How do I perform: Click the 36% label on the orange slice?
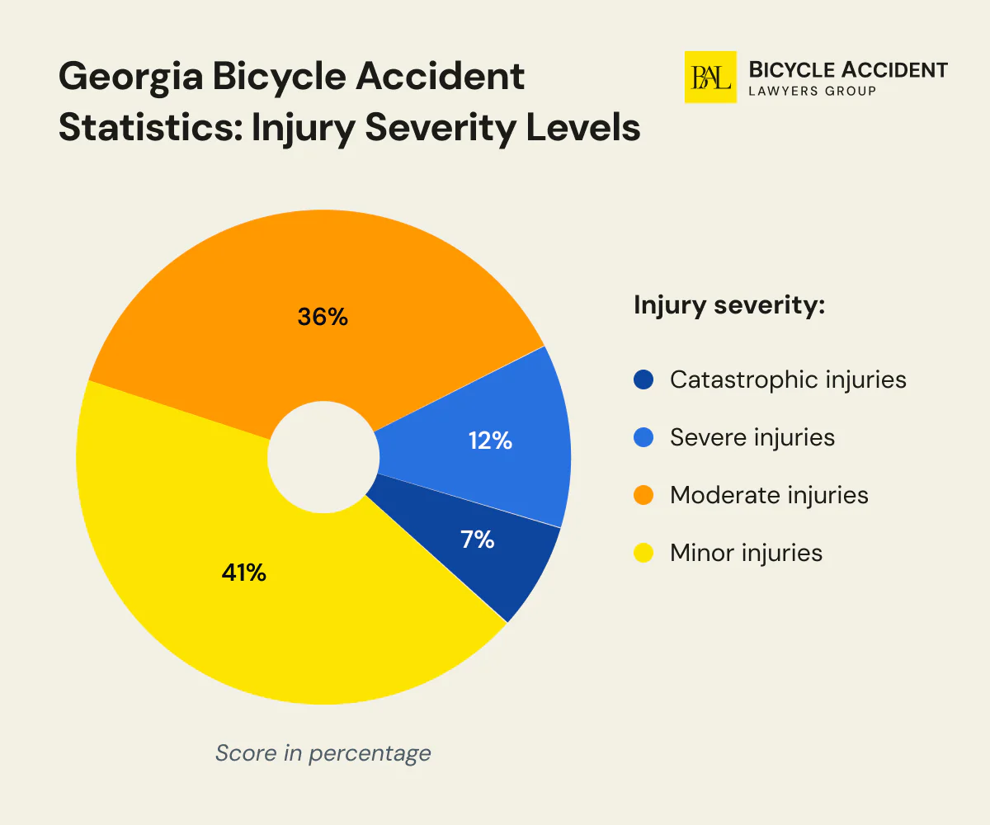point(323,316)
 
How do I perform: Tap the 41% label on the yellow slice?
point(243,573)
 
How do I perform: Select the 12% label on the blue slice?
point(490,441)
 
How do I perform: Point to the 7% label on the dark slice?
point(477,540)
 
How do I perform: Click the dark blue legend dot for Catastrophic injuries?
point(643,379)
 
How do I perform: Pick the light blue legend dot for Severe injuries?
point(643,437)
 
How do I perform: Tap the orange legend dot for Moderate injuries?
point(643,495)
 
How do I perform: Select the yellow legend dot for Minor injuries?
point(643,553)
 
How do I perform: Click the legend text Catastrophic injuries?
point(788,379)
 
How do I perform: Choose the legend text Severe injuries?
point(752,437)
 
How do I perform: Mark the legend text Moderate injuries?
point(769,495)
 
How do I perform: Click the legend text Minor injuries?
point(746,553)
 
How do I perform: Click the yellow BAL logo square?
point(710,77)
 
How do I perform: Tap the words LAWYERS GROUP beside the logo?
point(812,90)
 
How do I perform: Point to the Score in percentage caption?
point(323,752)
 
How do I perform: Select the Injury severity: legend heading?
point(729,305)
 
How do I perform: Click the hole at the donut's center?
point(323,458)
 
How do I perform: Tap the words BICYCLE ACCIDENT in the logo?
point(847,69)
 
